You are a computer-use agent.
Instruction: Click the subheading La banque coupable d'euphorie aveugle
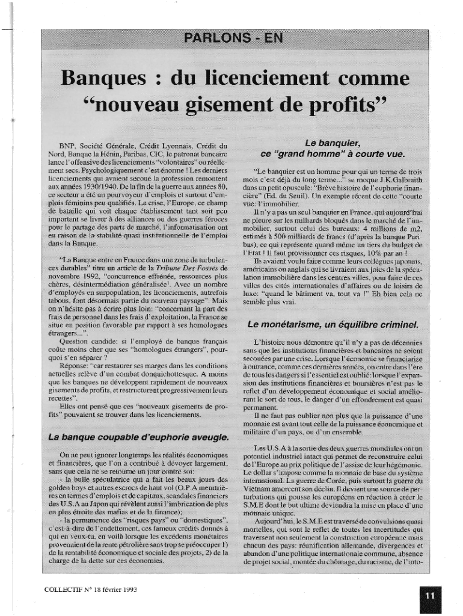(x=138, y=436)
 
